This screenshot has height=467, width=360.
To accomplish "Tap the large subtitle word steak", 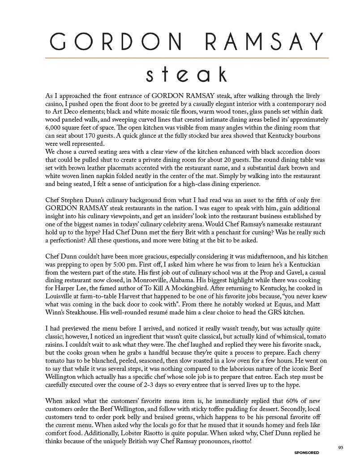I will (186, 74).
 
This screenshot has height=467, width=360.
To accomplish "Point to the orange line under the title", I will (187, 58).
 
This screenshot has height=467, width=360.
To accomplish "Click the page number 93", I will (341, 447).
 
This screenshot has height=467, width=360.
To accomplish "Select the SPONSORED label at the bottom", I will (307, 453).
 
